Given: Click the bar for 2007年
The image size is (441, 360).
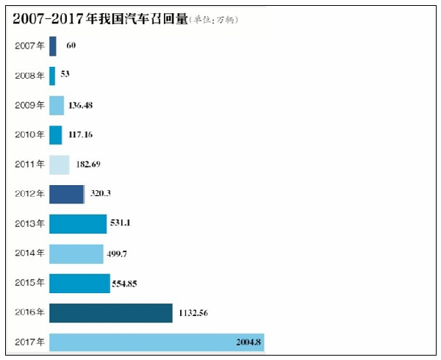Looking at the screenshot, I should point(53,46).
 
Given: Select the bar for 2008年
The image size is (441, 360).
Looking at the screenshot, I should point(52,76).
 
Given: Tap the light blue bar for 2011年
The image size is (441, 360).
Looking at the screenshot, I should point(60,165).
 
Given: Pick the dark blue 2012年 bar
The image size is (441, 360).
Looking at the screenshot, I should point(67,194).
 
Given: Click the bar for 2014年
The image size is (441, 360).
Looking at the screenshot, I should point(76,253).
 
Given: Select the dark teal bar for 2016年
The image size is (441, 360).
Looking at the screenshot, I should point(111,313).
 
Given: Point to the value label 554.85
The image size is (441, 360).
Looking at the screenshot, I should point(129,284).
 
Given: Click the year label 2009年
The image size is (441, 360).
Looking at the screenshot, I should point(29,106).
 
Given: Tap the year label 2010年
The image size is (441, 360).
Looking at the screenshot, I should point(29,135).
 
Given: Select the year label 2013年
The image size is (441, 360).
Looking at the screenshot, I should point(29,224).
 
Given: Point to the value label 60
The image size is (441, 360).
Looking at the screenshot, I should point(71,46).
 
